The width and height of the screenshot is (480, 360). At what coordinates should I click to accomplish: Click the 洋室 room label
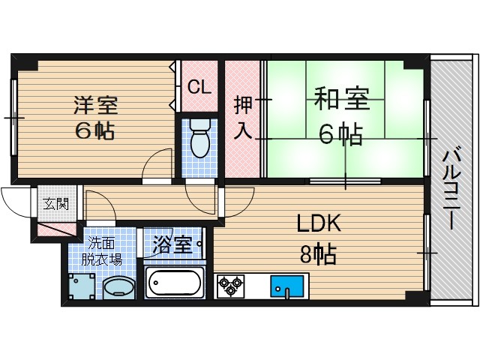(95, 104)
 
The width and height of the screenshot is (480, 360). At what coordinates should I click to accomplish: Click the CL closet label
(198, 87)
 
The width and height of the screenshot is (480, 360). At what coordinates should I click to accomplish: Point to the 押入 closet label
(242, 117)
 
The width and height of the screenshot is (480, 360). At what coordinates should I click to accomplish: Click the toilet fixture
(199, 139)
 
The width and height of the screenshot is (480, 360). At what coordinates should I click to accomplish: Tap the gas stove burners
(229, 286)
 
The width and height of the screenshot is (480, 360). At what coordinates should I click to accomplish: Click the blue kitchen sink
(286, 285)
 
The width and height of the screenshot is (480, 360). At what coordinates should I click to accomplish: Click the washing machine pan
(82, 286)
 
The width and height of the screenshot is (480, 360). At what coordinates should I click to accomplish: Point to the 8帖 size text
(317, 253)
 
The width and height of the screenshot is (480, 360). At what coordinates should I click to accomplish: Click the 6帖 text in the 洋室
(95, 130)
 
